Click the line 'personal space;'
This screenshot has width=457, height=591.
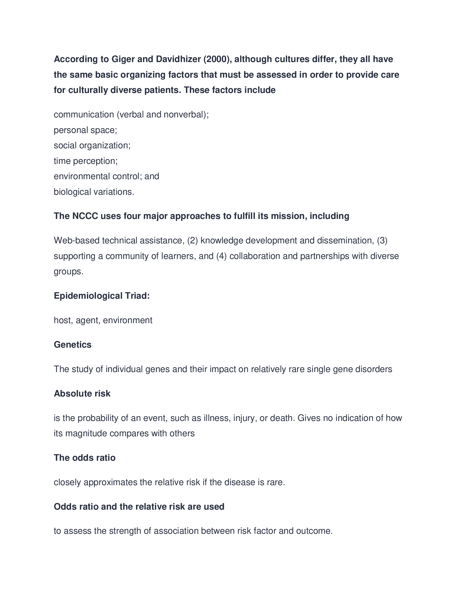click(85, 130)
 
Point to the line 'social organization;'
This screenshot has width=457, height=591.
click(92, 146)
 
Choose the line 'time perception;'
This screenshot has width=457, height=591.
click(85, 161)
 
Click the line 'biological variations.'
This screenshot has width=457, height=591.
click(94, 192)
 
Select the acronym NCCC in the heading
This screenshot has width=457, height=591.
click(85, 216)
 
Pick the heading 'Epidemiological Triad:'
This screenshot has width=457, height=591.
click(102, 296)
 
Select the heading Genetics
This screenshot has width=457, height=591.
click(73, 345)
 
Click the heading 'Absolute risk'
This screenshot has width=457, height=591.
click(82, 394)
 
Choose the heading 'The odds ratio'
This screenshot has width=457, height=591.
click(84, 458)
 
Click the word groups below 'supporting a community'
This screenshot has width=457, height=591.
click(69, 271)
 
